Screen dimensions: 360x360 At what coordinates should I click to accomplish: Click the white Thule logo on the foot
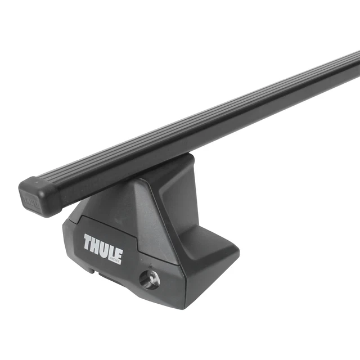(x=103, y=247)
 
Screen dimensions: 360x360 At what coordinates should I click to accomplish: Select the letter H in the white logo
(x=97, y=245)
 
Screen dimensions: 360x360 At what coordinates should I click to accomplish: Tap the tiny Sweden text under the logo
(x=114, y=261)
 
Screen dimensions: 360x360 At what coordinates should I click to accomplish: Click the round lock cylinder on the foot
(x=150, y=279)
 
